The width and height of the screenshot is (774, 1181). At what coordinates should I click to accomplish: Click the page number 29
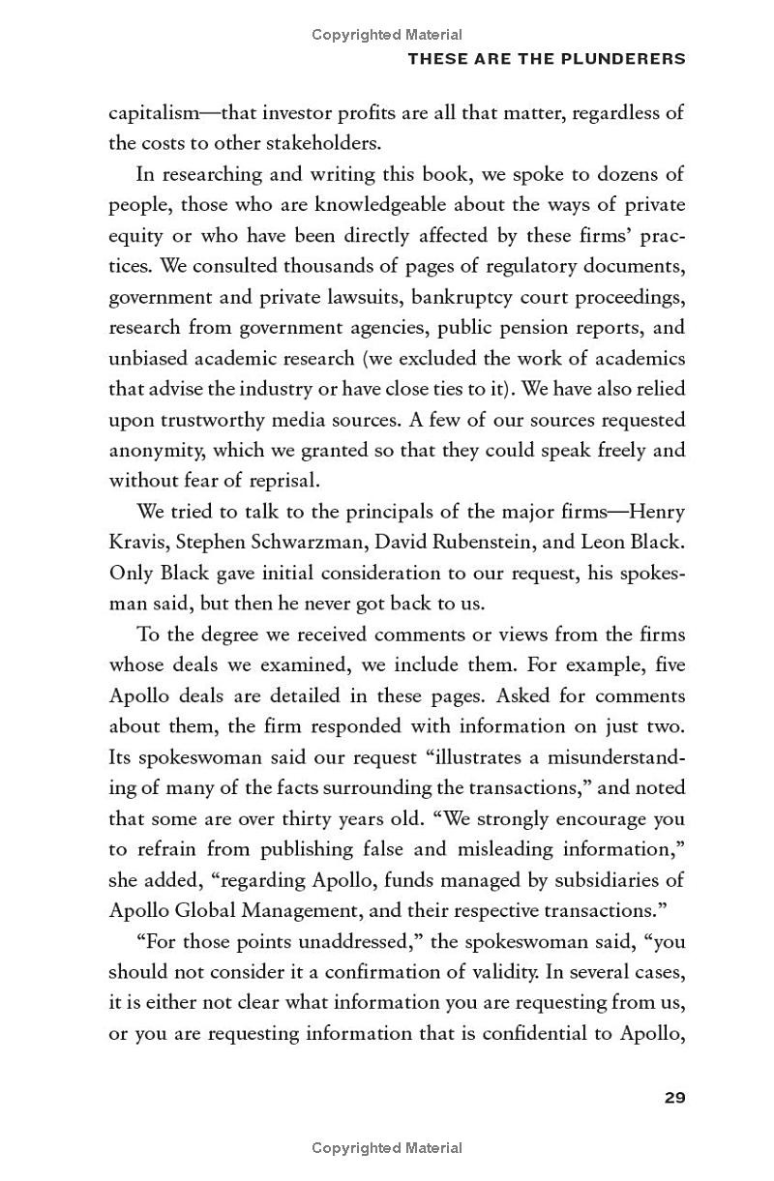(x=674, y=1098)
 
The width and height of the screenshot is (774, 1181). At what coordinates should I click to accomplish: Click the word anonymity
(x=156, y=450)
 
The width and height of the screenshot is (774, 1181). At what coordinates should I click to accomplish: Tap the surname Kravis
(x=135, y=542)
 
